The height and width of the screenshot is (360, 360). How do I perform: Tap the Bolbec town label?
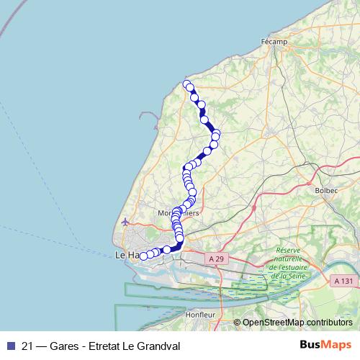pos(327,191)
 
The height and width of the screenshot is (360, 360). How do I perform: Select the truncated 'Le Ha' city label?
pos(126,255)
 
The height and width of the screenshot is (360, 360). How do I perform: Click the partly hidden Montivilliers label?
pos(178,214)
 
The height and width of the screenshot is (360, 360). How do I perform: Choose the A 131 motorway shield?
pos(345,282)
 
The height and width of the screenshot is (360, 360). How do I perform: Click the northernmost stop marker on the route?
pos(187,85)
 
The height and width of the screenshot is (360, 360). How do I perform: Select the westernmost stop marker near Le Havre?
pos(143,256)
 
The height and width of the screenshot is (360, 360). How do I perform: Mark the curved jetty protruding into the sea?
pos(149,119)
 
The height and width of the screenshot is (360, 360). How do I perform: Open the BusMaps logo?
pos(325,345)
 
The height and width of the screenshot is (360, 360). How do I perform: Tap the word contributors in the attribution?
pos(328,323)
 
